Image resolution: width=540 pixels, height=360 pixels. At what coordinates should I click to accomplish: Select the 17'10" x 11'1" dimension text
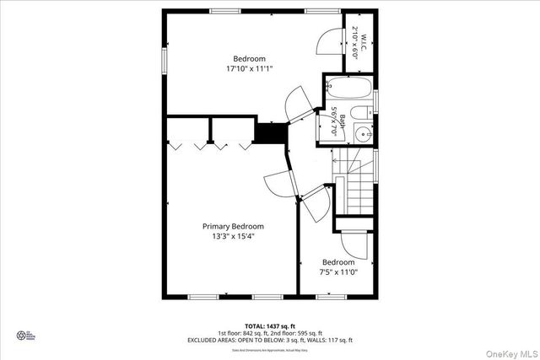[249, 68]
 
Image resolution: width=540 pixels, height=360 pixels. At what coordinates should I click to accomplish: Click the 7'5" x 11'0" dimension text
[337, 272]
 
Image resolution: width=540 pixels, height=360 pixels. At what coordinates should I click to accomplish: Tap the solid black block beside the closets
[271, 133]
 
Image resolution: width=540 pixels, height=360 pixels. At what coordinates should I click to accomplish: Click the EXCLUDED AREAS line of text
[270, 340]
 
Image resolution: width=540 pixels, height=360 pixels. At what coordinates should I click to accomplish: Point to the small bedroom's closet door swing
[356, 244]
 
